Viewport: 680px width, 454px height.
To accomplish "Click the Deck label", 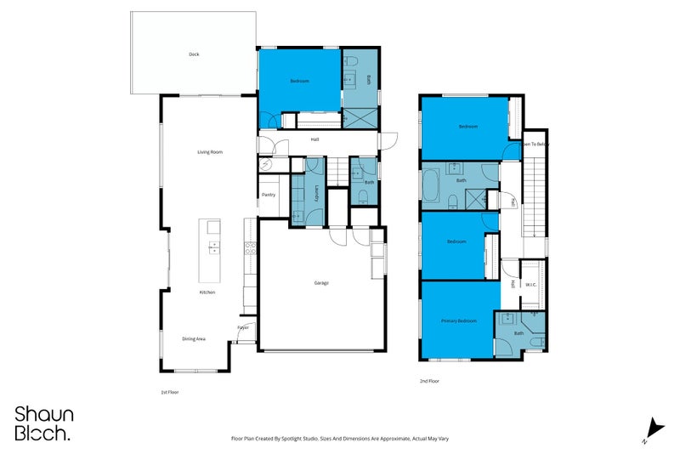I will (x=194, y=54).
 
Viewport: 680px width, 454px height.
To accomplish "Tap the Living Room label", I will (x=210, y=152).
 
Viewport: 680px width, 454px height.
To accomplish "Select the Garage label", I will (x=320, y=283).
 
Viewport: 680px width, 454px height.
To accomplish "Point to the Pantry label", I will (x=269, y=195).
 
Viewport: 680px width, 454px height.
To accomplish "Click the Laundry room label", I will (x=316, y=194).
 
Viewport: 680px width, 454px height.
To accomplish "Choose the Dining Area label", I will (x=194, y=338).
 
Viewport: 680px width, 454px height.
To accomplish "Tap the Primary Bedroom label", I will (x=458, y=321).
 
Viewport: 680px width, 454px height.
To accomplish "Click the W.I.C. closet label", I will (x=530, y=285).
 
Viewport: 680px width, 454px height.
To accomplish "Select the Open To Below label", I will (x=535, y=144).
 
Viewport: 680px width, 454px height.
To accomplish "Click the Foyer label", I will (x=243, y=326).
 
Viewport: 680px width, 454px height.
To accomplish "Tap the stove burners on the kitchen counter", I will (x=251, y=249).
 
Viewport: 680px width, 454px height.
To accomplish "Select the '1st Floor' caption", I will (x=170, y=392).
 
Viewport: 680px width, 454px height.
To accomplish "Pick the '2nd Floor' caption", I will (x=430, y=381).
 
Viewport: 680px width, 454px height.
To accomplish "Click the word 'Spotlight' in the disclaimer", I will (x=302, y=439).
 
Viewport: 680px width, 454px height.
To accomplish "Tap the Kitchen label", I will (x=207, y=292).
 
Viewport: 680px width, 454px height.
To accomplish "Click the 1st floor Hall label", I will (x=314, y=139).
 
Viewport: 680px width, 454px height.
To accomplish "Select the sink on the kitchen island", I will (x=212, y=247).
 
